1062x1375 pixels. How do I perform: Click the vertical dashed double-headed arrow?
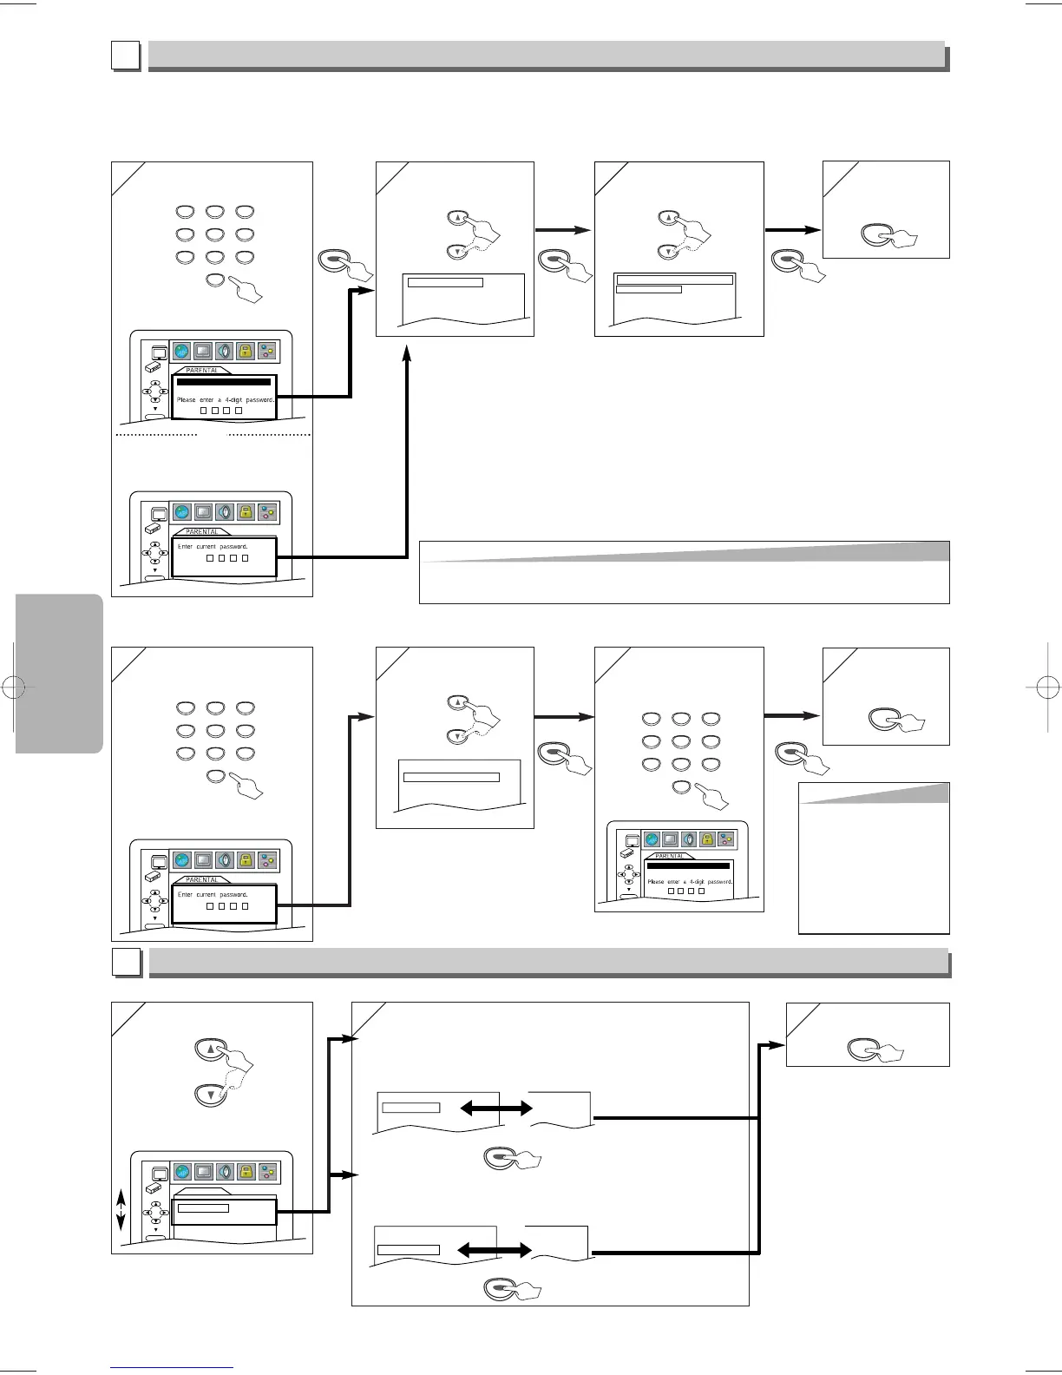pos(121,1209)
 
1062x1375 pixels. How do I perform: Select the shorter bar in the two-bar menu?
pos(648,289)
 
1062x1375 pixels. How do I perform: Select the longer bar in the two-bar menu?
pos(674,280)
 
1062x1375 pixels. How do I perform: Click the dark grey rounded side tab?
pos(59,673)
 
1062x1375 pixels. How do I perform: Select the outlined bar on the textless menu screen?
pos(200,1207)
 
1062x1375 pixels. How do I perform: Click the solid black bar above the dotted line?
pos(224,382)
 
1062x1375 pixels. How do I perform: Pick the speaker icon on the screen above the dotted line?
pos(225,351)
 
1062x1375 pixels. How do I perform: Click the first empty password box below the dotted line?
pos(209,558)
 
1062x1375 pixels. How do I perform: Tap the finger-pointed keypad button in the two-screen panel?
pos(217,280)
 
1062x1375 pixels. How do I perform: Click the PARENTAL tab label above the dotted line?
pos(202,371)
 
